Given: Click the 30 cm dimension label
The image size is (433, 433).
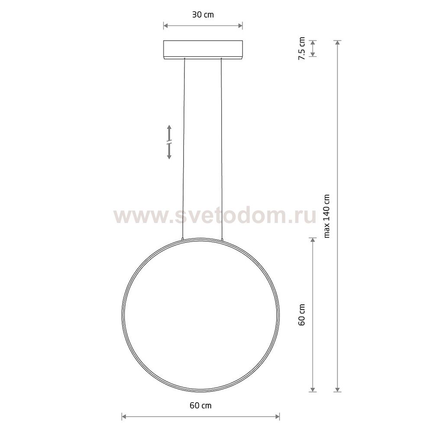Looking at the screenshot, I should point(203,15).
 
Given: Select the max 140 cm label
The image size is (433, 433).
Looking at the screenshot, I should point(327,216).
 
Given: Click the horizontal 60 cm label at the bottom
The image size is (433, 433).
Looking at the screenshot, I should point(200,406).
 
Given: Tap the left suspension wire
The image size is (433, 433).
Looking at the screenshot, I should point(184,147).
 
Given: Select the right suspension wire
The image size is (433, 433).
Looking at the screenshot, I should point(222,147).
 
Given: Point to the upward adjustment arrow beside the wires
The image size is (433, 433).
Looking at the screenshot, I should point(170,132).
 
